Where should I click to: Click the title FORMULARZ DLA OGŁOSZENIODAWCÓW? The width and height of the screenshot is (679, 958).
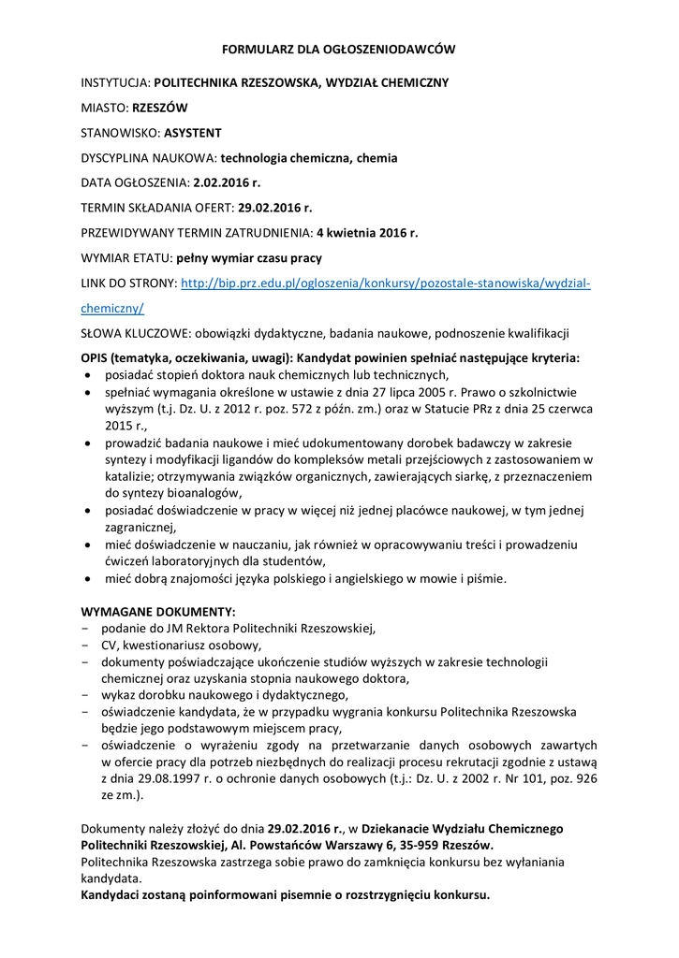[338, 48]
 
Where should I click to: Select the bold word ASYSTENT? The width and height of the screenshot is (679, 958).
[193, 133]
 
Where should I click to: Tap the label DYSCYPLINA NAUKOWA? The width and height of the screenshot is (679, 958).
[149, 158]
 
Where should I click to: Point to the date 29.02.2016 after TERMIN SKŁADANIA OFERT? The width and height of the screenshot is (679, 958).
[273, 208]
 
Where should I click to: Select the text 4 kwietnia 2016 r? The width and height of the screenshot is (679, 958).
[367, 233]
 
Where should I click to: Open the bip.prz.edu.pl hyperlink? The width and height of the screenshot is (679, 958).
[385, 283]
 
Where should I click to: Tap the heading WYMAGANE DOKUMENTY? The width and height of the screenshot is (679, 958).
[158, 611]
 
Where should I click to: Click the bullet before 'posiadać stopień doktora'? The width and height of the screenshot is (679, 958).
[88, 375]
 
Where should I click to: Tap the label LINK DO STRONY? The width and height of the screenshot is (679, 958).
[128, 283]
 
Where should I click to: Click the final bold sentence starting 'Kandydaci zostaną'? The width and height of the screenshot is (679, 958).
[286, 894]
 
